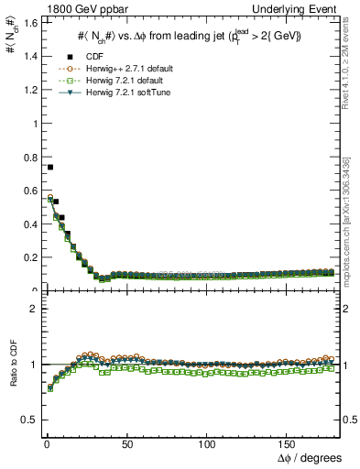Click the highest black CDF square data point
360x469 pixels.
(x=50, y=167)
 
